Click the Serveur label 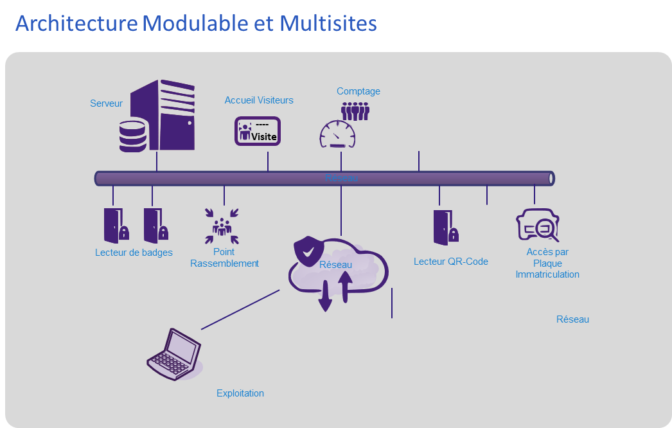pos(106,103)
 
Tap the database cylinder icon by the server pos(132,135)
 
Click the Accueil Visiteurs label pos(259,100)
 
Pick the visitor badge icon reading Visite pos(257,131)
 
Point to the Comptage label pos(358,91)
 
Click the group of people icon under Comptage pos(355,111)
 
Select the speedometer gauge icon pos(337,134)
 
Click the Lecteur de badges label pos(134,253)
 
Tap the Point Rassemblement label pos(224,258)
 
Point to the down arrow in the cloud pos(325,298)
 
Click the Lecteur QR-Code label pos(451,262)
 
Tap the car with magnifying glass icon pos(538,224)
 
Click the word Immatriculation pos(547,274)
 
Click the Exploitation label pos(240,393)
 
